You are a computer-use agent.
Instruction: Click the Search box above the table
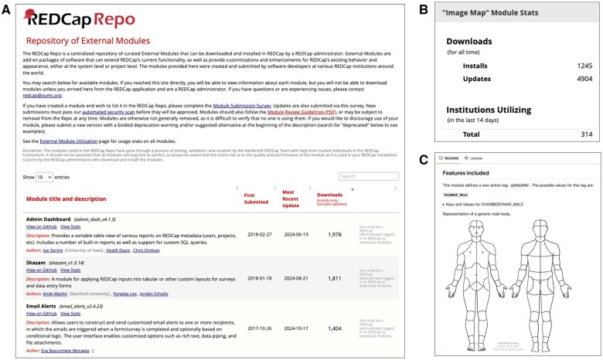[x=369, y=177]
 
